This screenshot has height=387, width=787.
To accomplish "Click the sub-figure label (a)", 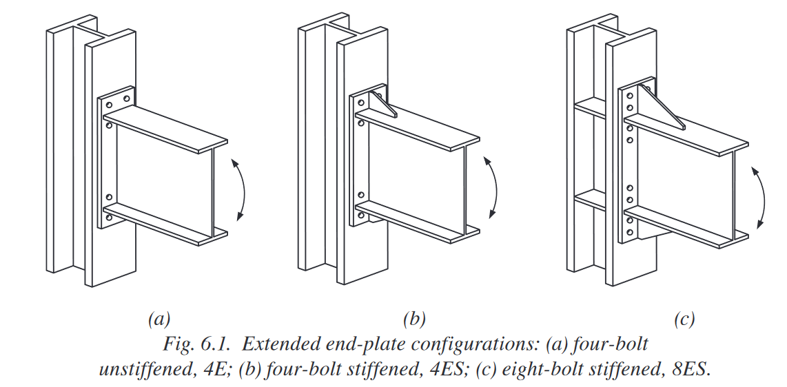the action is click(159, 319).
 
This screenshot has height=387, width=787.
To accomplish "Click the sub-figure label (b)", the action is click(414, 319).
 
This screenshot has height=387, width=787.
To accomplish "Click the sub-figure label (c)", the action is click(684, 319).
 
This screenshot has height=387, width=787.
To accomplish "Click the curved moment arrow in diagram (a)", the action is click(245, 189).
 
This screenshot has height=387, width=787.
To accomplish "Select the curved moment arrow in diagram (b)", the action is click(496, 187).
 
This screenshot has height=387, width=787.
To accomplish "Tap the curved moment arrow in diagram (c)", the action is click(765, 198).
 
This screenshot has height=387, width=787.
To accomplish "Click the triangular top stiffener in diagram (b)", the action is click(383, 104).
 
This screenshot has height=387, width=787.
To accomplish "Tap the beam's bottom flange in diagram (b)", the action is click(418, 221).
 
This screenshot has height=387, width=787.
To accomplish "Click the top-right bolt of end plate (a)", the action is click(127, 98).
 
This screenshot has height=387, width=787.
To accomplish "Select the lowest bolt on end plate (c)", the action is click(630, 233).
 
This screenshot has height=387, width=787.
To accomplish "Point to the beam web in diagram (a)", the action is click(163, 176).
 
